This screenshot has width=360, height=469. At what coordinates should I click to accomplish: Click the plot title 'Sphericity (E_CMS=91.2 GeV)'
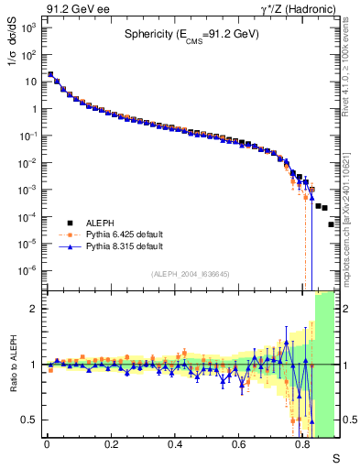[192, 36]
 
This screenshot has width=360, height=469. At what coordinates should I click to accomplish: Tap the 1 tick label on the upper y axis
[34, 109]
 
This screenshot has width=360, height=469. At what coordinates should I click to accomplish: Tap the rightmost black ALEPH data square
[331, 224]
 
